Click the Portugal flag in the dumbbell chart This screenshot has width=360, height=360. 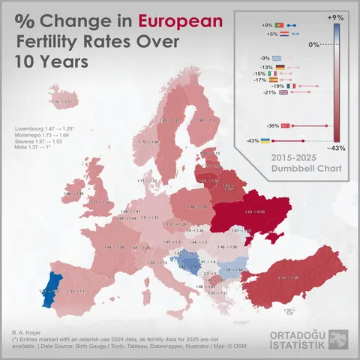[x=278, y=25]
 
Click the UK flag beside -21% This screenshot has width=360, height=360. [x=283, y=93]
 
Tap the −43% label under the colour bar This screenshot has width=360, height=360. [x=337, y=148]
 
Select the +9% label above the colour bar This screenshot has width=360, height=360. [x=336, y=16]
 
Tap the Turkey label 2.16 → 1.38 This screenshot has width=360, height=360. [x=287, y=277]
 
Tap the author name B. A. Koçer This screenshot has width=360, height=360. [x=26, y=331]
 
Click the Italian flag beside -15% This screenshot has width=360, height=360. [x=273, y=73]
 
